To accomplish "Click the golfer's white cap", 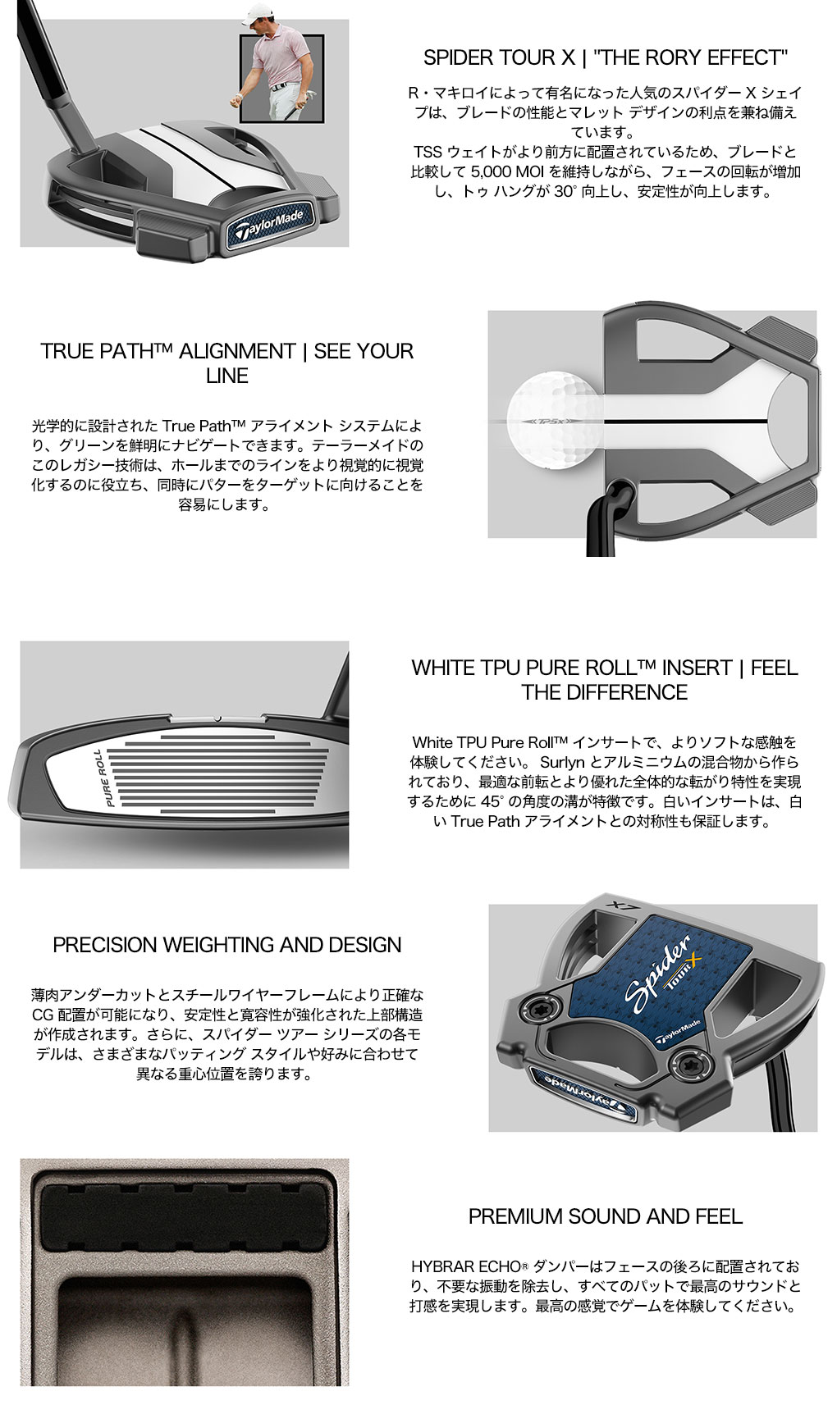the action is (259, 11).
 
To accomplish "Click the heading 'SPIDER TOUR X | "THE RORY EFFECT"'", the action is (605, 57).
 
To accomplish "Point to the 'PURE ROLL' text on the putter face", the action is (103, 778).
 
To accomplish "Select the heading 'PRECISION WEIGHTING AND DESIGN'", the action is (226, 945).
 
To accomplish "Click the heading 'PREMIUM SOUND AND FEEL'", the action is (606, 1216).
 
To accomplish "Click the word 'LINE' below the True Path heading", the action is (227, 376).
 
